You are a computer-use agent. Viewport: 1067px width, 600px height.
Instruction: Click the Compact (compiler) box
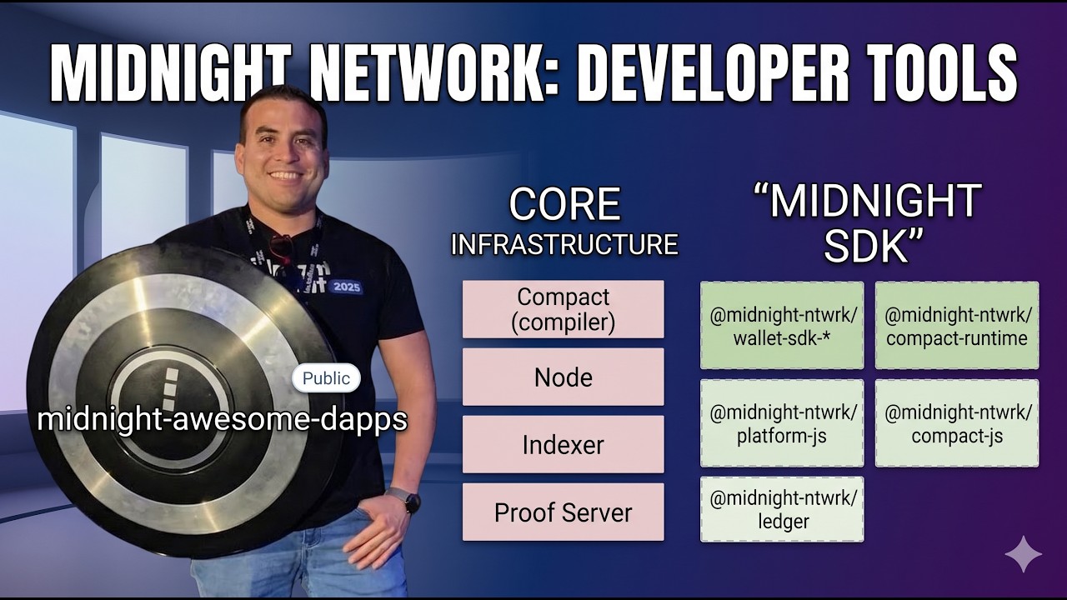click(564, 309)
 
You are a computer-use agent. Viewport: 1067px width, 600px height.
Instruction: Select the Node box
click(564, 377)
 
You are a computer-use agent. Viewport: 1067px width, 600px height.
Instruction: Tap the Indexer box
click(564, 445)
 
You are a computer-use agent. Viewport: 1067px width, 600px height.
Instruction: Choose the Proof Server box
click(564, 512)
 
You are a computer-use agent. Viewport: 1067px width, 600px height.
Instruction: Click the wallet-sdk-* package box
click(782, 326)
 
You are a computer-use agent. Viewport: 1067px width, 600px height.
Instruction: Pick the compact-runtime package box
click(957, 326)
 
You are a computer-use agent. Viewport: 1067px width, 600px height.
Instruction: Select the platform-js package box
click(782, 423)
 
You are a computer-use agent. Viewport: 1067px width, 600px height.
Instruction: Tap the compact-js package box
click(957, 423)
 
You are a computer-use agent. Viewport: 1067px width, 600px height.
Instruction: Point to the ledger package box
click(782, 509)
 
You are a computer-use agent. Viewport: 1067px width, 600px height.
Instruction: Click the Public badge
click(326, 378)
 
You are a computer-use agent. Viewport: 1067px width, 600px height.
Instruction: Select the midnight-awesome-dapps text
click(222, 419)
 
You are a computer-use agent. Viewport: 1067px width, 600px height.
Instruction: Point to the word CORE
click(564, 206)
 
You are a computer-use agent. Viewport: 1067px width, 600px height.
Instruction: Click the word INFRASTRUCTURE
click(564, 245)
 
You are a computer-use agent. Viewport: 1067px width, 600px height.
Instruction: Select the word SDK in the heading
click(867, 245)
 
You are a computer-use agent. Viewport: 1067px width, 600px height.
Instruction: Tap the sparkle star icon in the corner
click(1023, 554)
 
